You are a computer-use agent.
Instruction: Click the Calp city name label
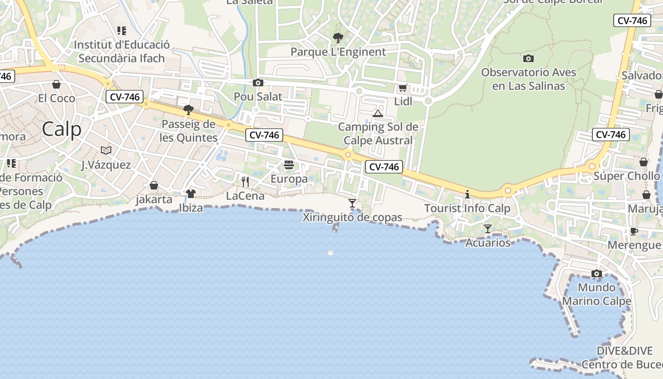[62, 129]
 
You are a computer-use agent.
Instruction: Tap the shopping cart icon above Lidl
[403, 88]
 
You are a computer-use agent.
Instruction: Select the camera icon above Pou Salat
[258, 83]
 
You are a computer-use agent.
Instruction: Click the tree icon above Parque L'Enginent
[338, 38]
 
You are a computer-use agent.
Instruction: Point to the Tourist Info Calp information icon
[467, 194]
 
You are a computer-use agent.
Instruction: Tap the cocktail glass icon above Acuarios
[488, 229]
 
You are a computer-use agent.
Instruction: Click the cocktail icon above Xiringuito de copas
[352, 203]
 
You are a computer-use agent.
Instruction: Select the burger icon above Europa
[289, 165]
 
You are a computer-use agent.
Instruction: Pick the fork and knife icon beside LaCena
[245, 181]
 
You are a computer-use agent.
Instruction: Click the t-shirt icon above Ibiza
[191, 193]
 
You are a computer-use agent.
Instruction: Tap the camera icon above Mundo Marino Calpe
[597, 274]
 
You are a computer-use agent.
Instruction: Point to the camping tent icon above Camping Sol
[377, 113]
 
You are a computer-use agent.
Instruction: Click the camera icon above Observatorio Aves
[529, 59]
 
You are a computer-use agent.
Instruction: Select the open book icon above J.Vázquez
[106, 151]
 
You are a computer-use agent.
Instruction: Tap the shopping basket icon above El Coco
[56, 84]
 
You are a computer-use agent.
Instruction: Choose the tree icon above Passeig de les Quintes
[188, 110]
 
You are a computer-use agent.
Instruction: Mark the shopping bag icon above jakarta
[154, 185]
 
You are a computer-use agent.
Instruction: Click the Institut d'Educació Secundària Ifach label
[122, 52]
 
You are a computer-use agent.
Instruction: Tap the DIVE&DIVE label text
[624, 351]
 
